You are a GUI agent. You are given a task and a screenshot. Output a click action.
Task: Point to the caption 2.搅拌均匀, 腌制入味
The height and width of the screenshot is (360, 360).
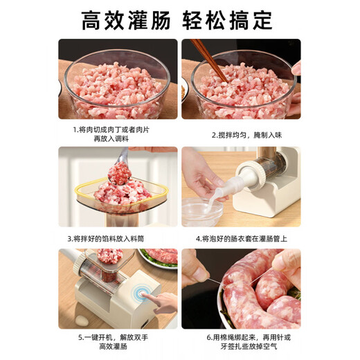point(241,129)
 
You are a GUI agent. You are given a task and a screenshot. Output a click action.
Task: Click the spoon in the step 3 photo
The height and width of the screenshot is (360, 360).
point(136,165)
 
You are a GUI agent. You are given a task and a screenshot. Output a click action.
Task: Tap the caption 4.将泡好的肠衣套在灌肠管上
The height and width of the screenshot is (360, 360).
point(241,237)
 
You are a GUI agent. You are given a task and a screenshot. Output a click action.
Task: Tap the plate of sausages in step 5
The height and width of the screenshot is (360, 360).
point(159,258)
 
